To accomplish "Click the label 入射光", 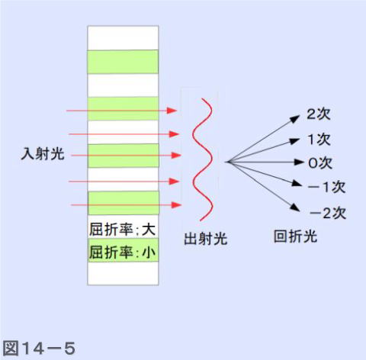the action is click(43, 154).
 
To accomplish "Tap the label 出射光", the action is click(205, 239).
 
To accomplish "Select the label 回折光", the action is click(295, 236).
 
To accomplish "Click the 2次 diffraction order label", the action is click(319, 114).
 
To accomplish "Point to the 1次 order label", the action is click(319, 140).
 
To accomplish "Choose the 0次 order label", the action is click(320, 162).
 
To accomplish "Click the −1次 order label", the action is click(326, 187).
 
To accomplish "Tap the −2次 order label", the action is click(328, 213).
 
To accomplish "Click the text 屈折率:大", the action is click(122, 230).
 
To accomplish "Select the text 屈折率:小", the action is click(122, 252).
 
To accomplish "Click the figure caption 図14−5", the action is click(39, 348).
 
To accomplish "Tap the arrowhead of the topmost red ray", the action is click(172, 111).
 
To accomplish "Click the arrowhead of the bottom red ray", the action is click(176, 204).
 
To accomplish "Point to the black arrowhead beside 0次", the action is click(299, 162).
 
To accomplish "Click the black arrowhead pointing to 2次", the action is click(295, 119).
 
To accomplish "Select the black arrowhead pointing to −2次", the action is click(295, 207).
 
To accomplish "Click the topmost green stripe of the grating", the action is click(123, 62).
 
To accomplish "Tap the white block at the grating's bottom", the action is click(123, 273).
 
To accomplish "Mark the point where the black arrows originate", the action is click(226, 162).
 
